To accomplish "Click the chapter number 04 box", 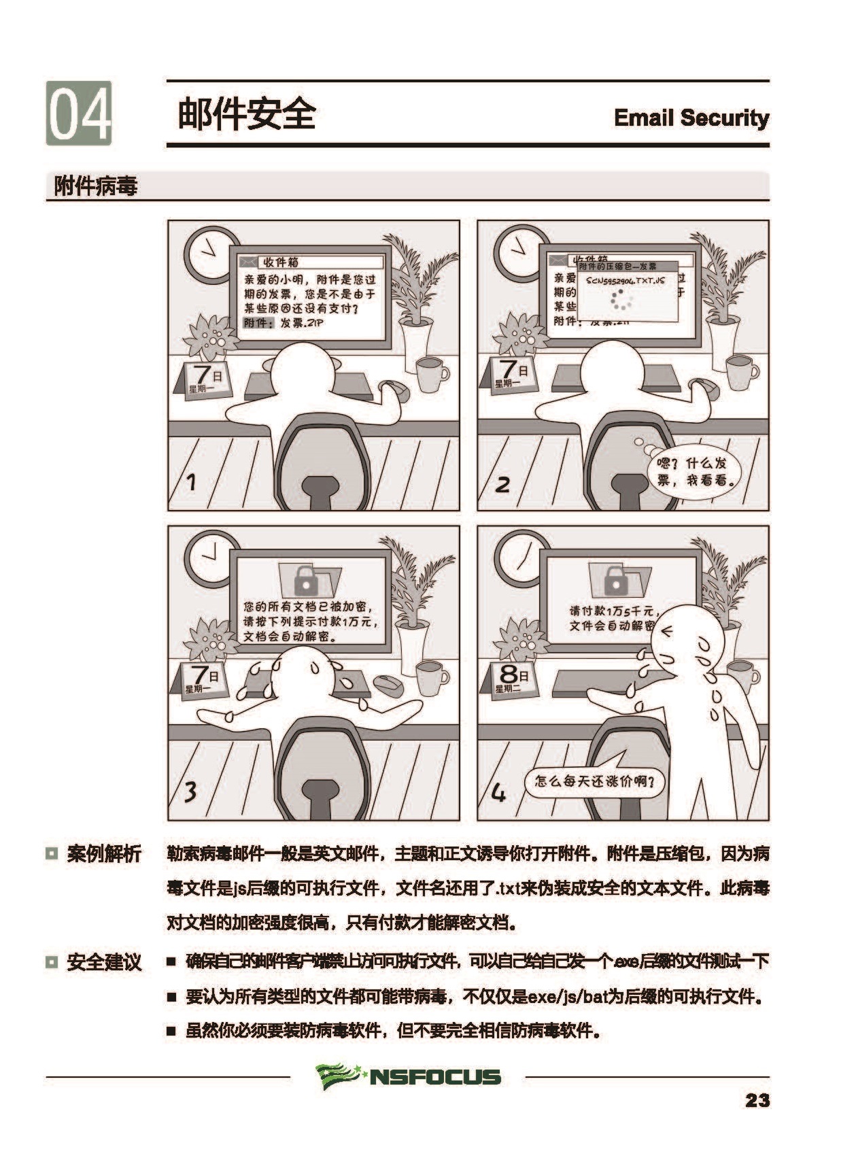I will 79,113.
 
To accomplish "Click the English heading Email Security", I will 691,118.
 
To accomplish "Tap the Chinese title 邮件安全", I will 247,113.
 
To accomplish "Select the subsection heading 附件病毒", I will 96,186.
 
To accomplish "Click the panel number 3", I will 191,791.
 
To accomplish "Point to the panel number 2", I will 502,484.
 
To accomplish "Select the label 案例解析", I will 103,854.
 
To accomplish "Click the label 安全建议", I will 103,962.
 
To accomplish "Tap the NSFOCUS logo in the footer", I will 408,1076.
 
